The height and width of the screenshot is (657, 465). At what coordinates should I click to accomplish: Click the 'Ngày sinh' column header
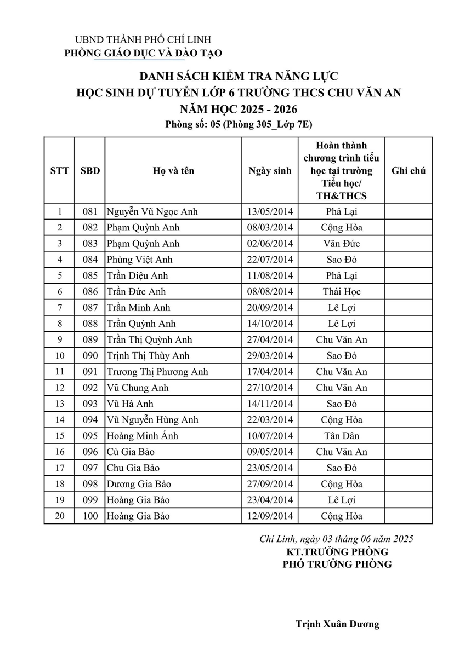click(x=270, y=171)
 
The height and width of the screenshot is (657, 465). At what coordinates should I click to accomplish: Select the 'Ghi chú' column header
click(x=408, y=171)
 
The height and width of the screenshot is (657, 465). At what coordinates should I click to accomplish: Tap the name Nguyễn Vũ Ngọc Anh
click(x=152, y=212)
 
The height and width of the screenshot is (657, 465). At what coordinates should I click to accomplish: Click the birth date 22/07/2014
click(x=270, y=260)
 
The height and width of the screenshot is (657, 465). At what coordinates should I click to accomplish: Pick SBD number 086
click(x=89, y=292)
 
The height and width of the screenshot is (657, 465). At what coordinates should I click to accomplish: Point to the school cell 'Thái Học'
click(x=342, y=292)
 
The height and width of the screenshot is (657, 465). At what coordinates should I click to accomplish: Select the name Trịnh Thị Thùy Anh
click(x=148, y=356)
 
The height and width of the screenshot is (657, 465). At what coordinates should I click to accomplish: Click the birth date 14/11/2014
click(x=270, y=404)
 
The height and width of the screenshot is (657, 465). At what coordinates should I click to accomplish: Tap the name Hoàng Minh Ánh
click(x=142, y=436)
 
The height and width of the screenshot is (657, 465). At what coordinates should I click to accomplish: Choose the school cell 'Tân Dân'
click(x=342, y=436)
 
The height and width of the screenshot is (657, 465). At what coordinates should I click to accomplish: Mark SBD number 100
click(x=89, y=516)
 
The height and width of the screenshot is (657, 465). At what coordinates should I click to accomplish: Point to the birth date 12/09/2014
click(x=270, y=516)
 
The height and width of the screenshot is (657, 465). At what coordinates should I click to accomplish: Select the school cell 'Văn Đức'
click(x=342, y=244)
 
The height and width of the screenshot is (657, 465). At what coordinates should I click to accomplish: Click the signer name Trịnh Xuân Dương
click(x=337, y=624)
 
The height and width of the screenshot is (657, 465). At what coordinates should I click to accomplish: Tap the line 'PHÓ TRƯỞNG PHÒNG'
click(x=337, y=564)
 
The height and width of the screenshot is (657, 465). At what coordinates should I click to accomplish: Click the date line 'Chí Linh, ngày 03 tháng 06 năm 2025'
click(x=336, y=539)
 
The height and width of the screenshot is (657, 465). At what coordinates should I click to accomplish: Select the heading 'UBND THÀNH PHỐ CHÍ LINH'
click(x=143, y=40)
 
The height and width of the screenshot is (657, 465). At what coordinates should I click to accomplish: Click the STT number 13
click(x=59, y=404)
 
